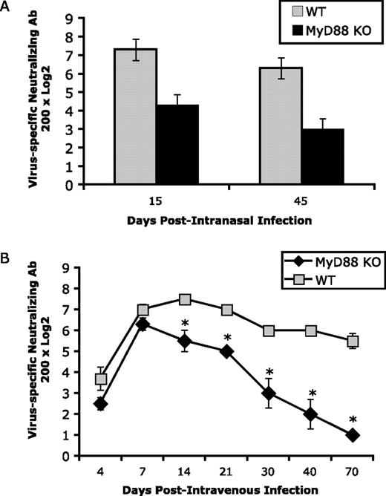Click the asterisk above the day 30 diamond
coord(270,373)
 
